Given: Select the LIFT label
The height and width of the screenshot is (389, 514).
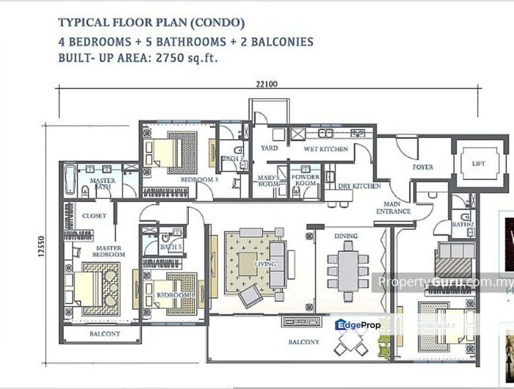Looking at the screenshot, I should coord(478,164).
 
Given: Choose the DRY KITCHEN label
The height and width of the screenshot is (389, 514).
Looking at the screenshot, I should coord(360,186).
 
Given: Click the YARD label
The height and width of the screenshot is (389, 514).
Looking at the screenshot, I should coord(269,148).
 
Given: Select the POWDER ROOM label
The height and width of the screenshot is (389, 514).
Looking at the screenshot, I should coord(306,180).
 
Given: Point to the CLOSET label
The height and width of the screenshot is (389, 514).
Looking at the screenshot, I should coord(94,216).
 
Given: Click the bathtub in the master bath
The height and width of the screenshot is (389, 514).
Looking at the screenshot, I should coord(70,180).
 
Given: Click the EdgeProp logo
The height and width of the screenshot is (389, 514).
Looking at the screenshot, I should coord(358,325).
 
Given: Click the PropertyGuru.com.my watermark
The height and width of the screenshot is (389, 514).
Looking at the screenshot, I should coord(445,282).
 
